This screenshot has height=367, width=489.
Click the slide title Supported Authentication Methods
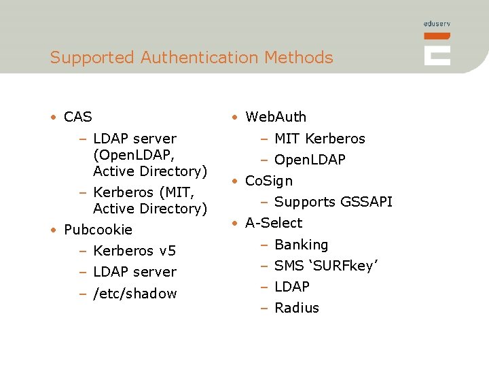tap(192, 58)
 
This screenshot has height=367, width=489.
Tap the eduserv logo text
tap(437, 24)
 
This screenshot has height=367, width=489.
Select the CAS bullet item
tap(77, 117)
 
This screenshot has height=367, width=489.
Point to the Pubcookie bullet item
tap(98, 230)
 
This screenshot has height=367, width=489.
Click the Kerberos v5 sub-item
tap(134, 251)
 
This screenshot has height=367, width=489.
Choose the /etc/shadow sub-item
tap(134, 294)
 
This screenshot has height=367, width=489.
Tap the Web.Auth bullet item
tap(276, 117)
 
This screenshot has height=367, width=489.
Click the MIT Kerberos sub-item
tap(319, 139)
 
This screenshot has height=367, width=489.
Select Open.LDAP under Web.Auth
tap(310, 160)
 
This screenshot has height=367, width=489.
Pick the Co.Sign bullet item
tap(269, 181)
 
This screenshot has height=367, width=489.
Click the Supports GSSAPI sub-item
tap(333, 202)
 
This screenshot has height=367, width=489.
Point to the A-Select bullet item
tap(274, 223)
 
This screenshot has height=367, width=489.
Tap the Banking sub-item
tap(301, 245)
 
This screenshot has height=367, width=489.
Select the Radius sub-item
tap(297, 308)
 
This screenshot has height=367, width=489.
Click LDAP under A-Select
tap(292, 287)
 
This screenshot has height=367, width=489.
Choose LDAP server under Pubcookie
tap(134, 272)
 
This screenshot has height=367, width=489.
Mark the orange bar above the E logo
tap(437, 35)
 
